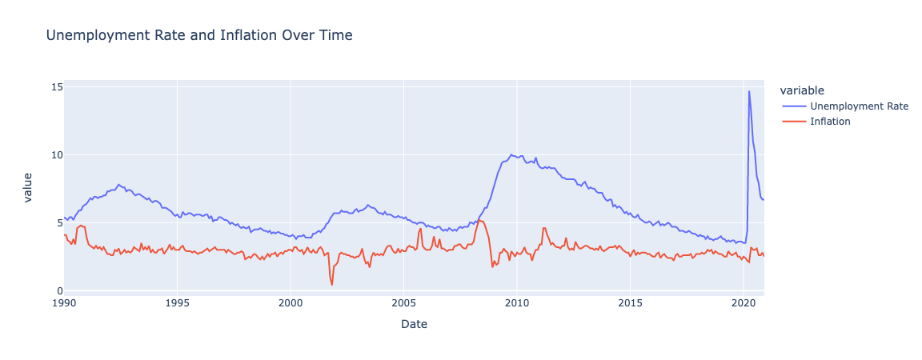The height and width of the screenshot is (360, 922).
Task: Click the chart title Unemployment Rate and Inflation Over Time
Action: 199,35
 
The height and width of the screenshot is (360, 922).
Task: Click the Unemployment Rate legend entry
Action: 859,106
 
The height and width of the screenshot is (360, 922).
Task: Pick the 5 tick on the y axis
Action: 55,222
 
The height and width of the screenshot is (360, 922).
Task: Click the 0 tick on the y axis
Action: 55,290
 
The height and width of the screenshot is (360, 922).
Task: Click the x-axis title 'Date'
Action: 413,324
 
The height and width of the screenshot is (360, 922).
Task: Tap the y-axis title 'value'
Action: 29,187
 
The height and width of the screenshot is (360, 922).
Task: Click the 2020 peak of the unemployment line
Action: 749,91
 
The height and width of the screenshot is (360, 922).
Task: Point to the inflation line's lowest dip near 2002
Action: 332,285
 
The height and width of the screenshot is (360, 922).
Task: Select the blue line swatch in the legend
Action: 796,106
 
